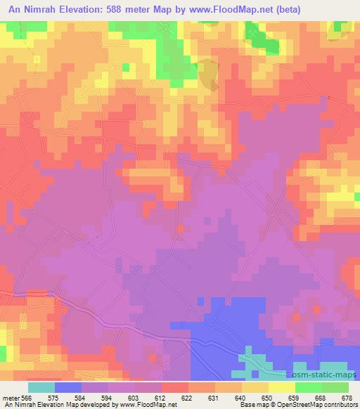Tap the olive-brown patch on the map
209,74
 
